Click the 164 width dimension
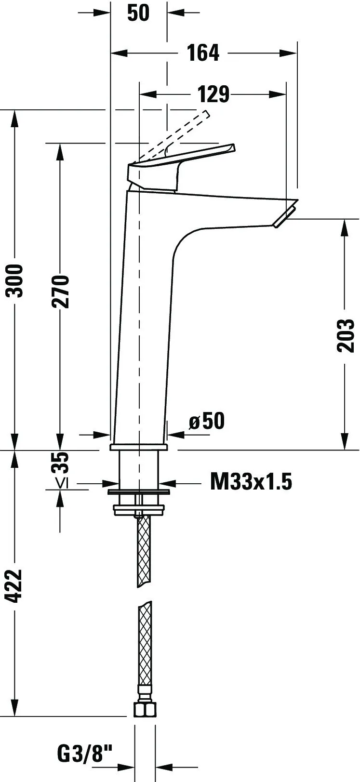pyautogui.click(x=203, y=53)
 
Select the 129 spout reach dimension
pyautogui.click(x=213, y=94)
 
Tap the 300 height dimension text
pyautogui.click(x=15, y=281)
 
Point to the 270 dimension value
pyautogui.click(x=60, y=291)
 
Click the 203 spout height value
pyautogui.click(x=346, y=335)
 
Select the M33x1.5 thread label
pyautogui.click(x=251, y=482)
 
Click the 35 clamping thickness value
pyautogui.click(x=60, y=462)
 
